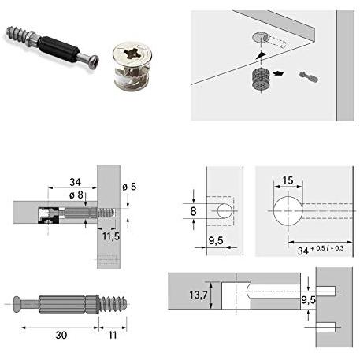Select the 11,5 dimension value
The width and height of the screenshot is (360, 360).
pyautogui.click(x=110, y=235)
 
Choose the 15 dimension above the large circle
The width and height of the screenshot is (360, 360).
pyautogui.click(x=288, y=181)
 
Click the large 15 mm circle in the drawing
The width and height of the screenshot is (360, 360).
pyautogui.click(x=288, y=212)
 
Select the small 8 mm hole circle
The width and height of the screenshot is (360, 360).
pyautogui.click(x=225, y=210)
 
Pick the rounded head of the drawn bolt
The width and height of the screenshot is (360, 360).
pyautogui.click(x=20, y=303)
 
